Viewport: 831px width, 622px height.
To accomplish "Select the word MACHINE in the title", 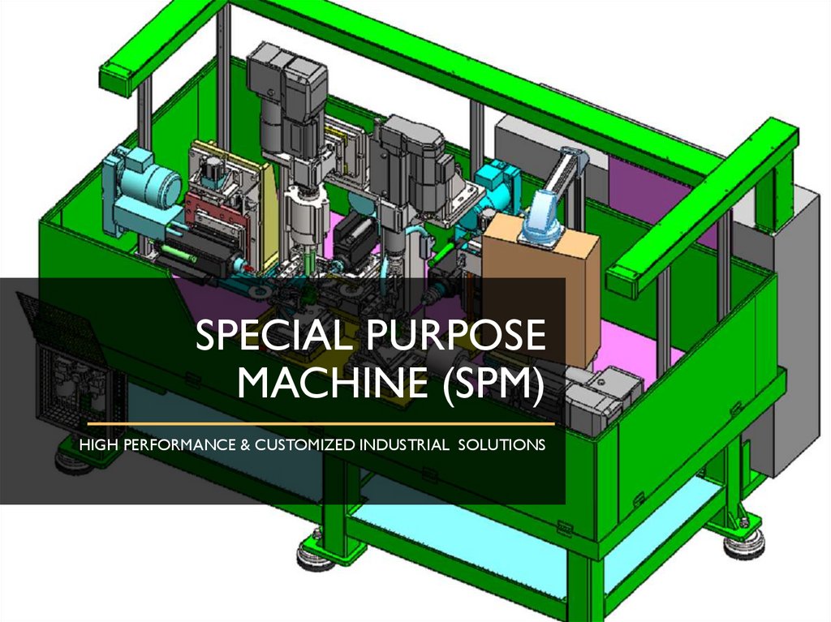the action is [x=332, y=382].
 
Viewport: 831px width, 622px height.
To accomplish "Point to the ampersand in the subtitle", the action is [x=245, y=444].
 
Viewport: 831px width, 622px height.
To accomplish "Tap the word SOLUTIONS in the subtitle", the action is [x=502, y=444].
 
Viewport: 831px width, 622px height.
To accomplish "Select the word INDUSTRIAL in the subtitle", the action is [x=404, y=444].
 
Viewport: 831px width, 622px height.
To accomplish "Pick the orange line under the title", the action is [x=321, y=424].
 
